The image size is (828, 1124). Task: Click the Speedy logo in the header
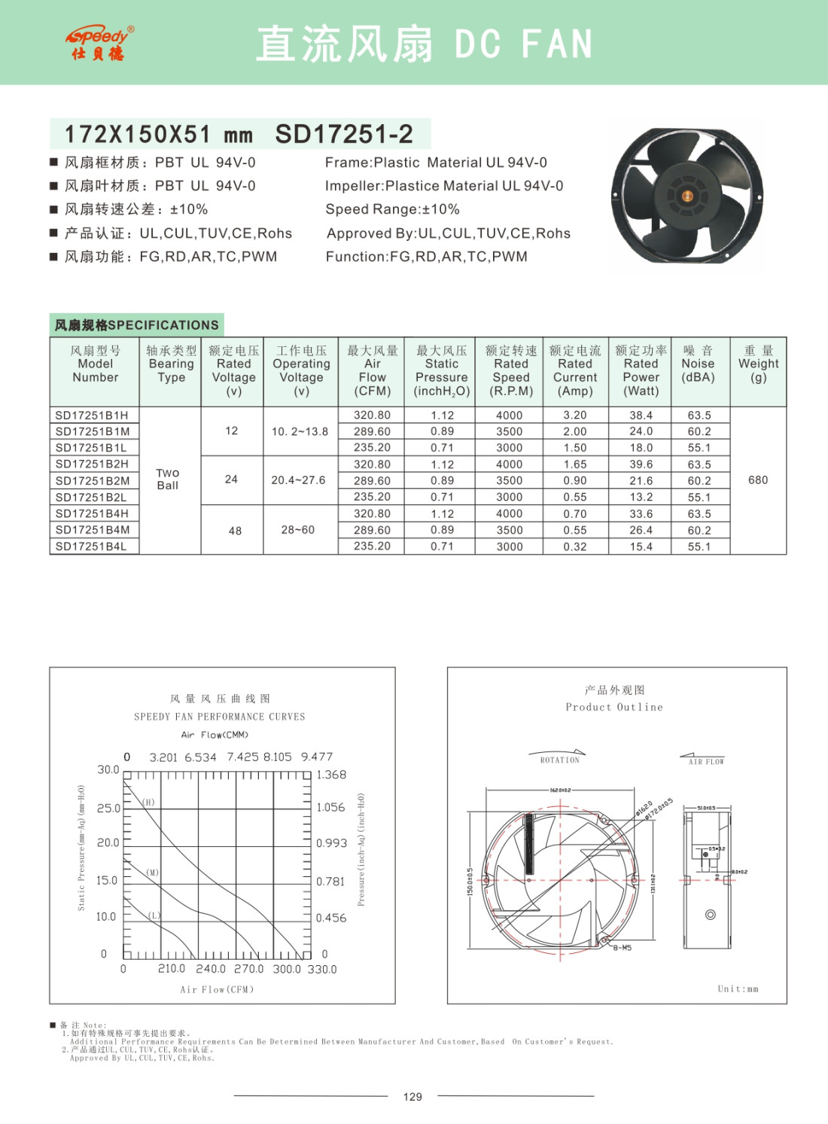coord(99,43)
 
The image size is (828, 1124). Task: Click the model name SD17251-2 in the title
coord(344,134)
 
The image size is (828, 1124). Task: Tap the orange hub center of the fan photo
coord(686,196)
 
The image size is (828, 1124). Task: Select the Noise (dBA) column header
coord(698,364)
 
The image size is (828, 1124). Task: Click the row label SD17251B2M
coord(93,480)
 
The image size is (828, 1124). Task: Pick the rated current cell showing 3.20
coord(575,415)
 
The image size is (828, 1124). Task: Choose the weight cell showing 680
coord(758,480)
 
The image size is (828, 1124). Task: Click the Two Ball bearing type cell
coord(168,480)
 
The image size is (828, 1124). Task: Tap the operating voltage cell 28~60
coord(298,530)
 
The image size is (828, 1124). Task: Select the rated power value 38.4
coord(641,415)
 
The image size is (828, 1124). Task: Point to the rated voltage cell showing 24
coord(231,480)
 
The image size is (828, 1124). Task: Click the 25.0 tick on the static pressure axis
coord(108,809)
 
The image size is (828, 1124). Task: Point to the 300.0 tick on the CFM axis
coord(286,970)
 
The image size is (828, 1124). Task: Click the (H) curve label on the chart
coord(149,803)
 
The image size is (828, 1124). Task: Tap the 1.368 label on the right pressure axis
coord(331,775)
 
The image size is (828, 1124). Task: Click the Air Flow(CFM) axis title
coord(217,989)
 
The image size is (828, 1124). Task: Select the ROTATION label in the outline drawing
coord(560,760)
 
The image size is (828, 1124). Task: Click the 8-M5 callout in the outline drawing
coord(623,948)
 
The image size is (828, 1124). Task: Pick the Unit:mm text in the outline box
coord(738,989)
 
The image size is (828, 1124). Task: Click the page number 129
coord(412,1097)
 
